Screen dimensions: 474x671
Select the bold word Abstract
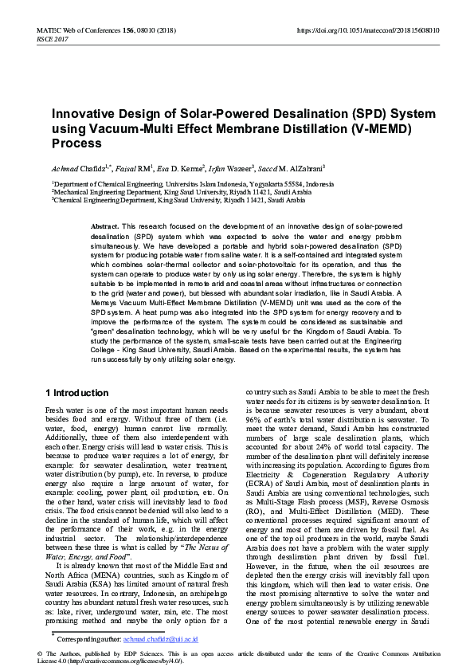coord(104,227)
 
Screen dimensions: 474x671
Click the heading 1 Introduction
coord(77,393)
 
